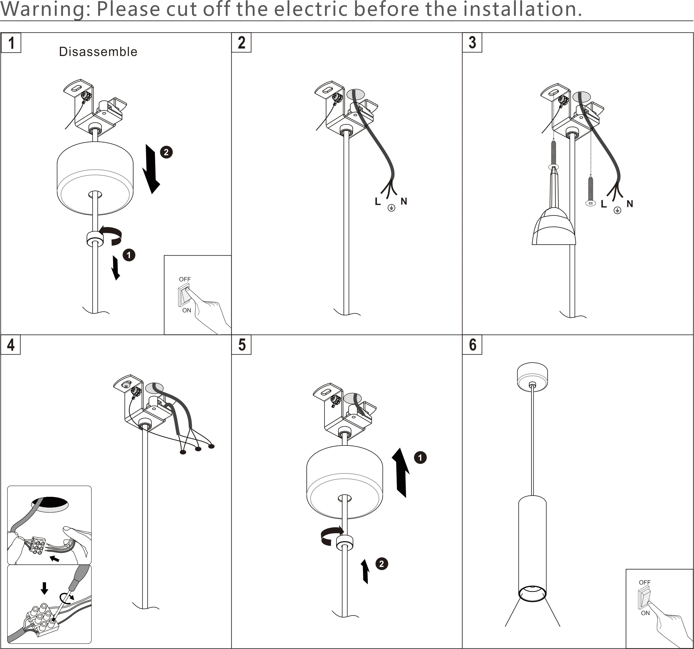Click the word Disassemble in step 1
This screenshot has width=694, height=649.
click(x=98, y=52)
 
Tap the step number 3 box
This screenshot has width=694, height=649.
click(x=472, y=43)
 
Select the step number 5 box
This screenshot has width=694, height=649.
click(x=241, y=345)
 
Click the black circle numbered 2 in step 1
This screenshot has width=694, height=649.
click(x=166, y=152)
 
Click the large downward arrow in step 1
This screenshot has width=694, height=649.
click(x=151, y=169)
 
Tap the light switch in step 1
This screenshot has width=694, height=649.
click(x=184, y=295)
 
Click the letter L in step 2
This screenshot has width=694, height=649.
click(x=377, y=202)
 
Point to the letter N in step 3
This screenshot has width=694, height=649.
click(x=630, y=203)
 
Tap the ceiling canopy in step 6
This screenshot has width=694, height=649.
click(x=532, y=377)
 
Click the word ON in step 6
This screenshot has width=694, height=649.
click(x=645, y=613)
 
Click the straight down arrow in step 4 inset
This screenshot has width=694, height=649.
click(x=44, y=588)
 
